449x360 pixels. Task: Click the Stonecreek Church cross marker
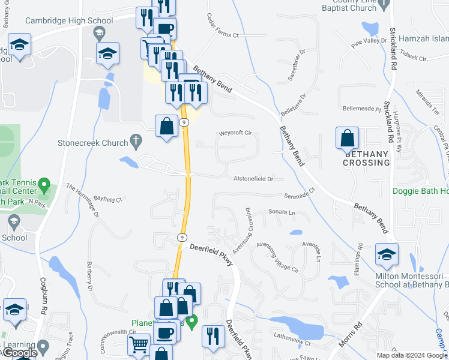(136, 143)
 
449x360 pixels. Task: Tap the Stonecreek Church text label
(93, 143)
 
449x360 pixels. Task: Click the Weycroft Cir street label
(235, 133)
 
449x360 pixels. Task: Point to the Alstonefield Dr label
(253, 179)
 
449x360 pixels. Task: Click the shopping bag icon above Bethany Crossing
(348, 138)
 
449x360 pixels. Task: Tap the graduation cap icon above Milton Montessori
(387, 254)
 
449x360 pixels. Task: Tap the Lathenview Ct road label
(292, 343)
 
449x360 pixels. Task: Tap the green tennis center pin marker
(43, 183)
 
